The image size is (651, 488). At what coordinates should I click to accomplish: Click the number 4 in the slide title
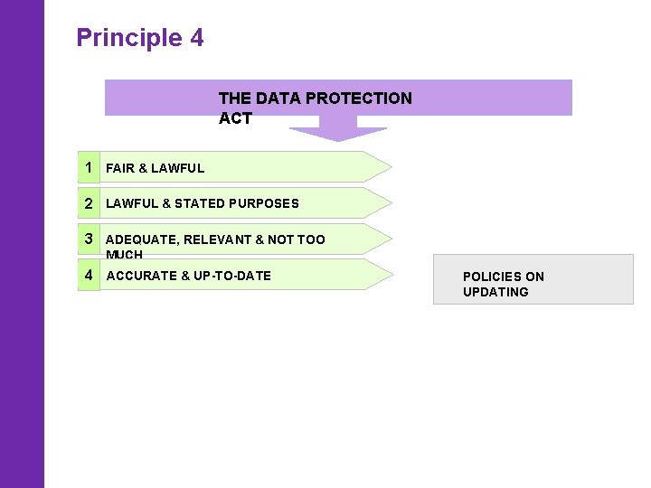point(197,38)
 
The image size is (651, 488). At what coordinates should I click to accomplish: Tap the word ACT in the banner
point(235,118)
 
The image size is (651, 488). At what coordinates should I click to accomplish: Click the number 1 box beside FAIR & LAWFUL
point(89,167)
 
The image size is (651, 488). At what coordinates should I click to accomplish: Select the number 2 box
point(89,203)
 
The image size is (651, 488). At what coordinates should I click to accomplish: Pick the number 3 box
point(89,239)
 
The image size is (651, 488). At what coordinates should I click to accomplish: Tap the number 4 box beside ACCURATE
point(89,275)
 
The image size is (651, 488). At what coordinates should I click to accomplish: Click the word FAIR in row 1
point(120,168)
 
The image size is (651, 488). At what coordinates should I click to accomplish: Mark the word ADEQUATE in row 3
point(142,239)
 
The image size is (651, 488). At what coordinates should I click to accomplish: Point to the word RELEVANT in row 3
point(218,239)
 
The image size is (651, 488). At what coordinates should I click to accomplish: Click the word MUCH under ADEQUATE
point(125,255)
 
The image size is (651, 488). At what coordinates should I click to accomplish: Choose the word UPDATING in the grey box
point(495,292)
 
